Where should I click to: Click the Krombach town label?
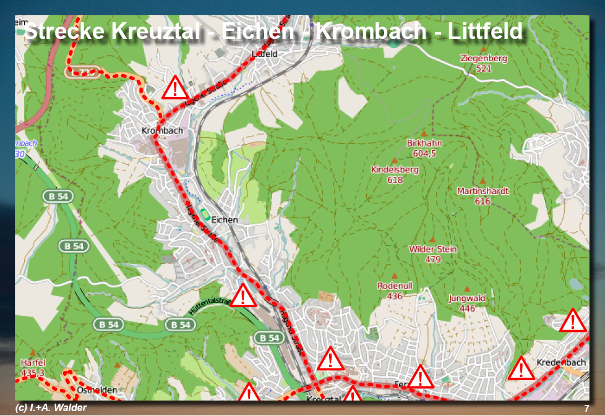point(162,131)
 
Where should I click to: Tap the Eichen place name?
point(224,219)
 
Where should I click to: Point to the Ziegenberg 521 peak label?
point(484,63)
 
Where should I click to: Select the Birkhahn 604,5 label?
point(424,148)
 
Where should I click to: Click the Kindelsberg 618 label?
point(395,174)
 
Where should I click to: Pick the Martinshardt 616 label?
point(483,196)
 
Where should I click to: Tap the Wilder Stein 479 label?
point(433,254)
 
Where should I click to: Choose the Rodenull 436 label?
point(395,291)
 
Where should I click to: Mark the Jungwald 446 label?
point(467,303)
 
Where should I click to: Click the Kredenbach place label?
point(561,362)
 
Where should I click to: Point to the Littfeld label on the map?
point(265,54)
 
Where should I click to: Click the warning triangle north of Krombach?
point(176,88)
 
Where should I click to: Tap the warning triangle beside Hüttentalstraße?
point(243,296)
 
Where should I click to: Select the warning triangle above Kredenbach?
point(573,321)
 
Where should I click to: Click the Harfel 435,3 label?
point(33,368)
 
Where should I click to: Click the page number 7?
point(586,409)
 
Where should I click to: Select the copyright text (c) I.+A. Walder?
point(51,408)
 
